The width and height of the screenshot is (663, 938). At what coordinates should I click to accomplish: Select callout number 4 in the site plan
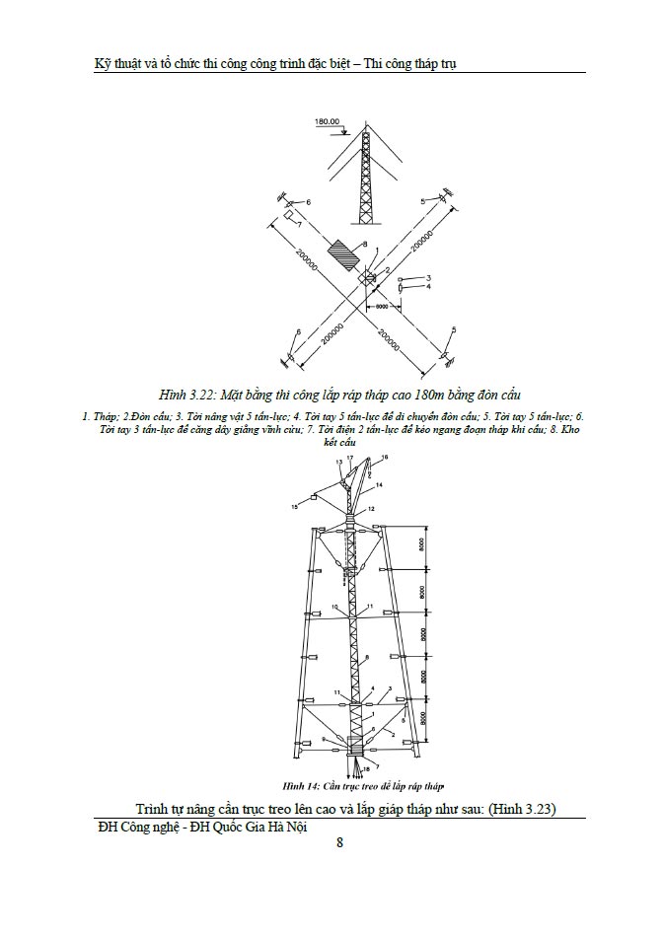[429, 287]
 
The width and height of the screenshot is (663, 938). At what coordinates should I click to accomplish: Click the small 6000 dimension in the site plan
[381, 308]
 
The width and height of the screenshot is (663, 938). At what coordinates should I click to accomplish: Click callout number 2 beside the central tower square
[388, 269]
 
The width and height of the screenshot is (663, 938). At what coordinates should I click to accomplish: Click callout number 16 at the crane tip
[385, 458]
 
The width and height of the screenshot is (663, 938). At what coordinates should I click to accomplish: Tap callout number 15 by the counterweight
[294, 506]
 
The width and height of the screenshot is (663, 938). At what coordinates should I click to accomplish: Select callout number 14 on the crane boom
[381, 485]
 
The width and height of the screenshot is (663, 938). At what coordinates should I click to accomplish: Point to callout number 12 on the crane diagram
[372, 509]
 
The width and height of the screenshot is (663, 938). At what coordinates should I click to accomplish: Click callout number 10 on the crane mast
[334, 607]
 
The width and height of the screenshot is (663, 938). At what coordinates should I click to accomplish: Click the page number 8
[339, 842]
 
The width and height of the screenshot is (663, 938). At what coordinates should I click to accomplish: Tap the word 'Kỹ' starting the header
[94, 62]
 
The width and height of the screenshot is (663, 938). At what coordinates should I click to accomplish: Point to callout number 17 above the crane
[349, 459]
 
